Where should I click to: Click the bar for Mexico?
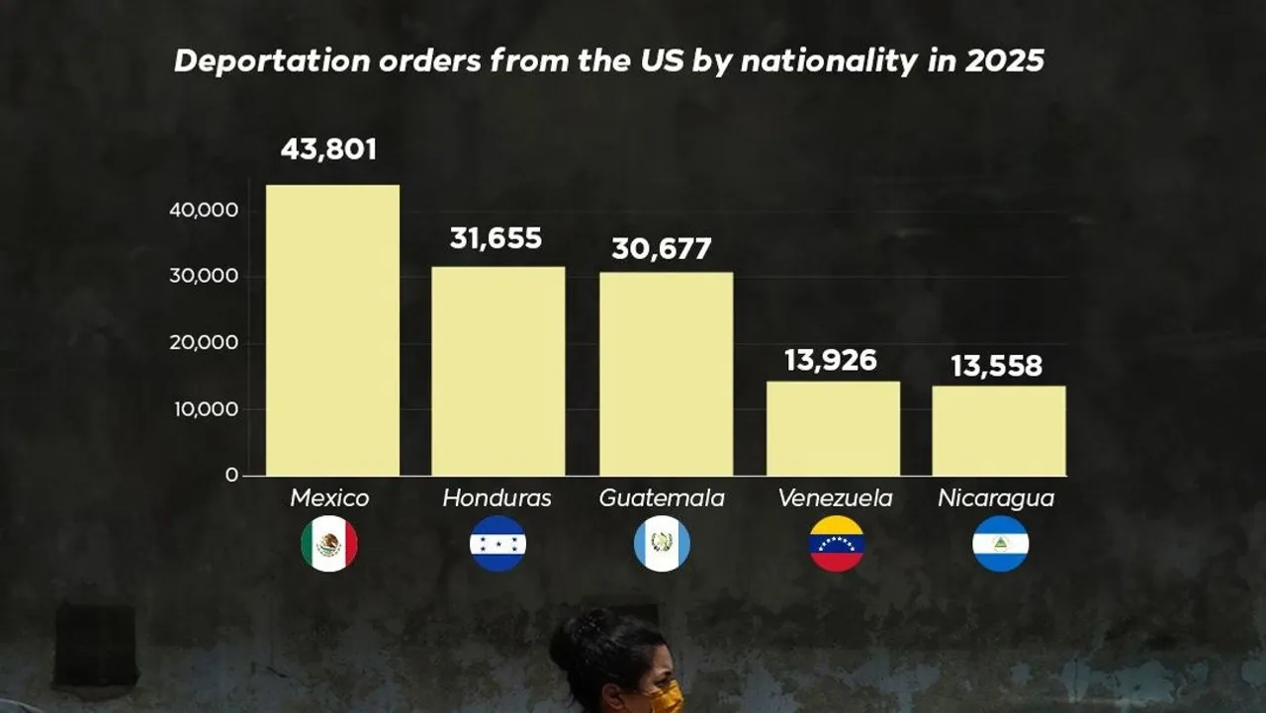click(x=332, y=330)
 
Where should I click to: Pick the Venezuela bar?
click(x=833, y=428)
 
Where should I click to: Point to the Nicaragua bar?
click(x=998, y=430)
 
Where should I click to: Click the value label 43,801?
click(x=328, y=149)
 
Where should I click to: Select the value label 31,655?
click(x=496, y=238)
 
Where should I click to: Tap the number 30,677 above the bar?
click(x=661, y=248)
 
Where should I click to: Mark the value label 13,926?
click(x=830, y=360)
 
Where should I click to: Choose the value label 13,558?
click(x=996, y=366)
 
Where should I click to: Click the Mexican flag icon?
click(x=329, y=544)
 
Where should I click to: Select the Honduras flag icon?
click(x=497, y=544)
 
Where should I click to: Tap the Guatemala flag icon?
click(x=662, y=544)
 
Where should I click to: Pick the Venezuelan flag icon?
click(x=836, y=544)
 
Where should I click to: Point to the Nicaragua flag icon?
click(x=1000, y=544)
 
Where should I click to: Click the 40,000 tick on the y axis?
click(x=204, y=210)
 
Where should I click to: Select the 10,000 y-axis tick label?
click(x=204, y=409)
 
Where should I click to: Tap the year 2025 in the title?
click(x=1004, y=61)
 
